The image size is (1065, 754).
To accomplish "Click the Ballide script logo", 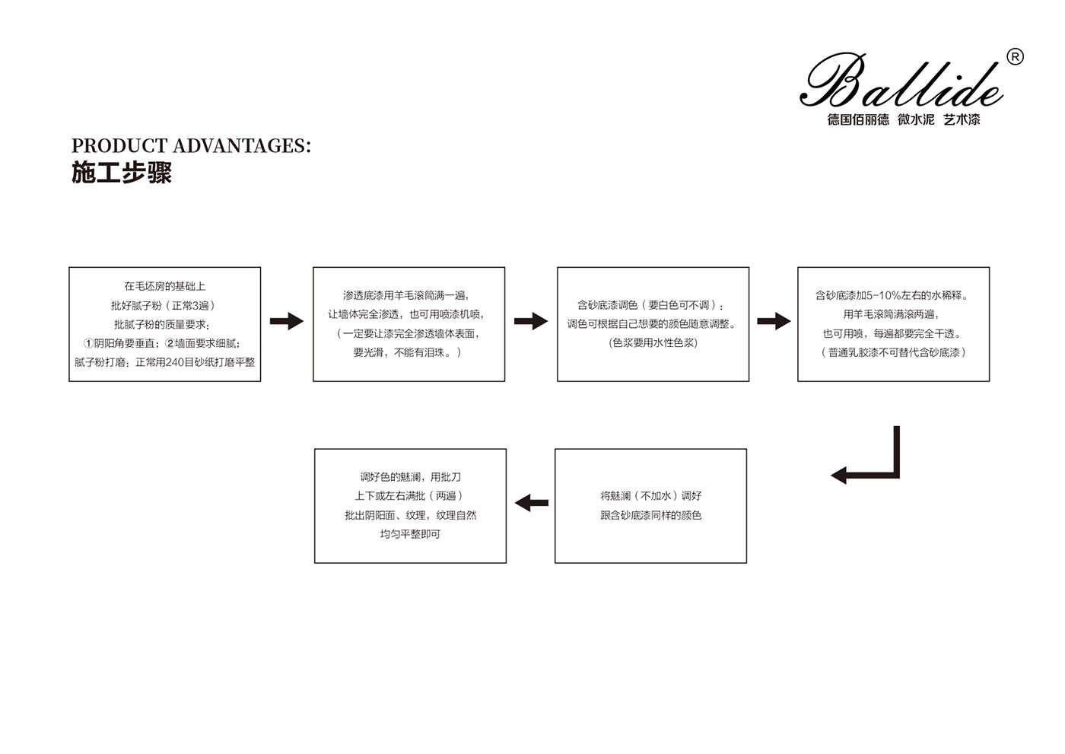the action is click(901, 81).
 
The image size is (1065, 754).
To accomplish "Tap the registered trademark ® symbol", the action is click(1015, 58).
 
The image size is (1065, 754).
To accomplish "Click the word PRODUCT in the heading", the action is click(119, 146).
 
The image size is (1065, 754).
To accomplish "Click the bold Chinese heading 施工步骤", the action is click(122, 173).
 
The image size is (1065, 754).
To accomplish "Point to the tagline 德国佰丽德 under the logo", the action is click(858, 119).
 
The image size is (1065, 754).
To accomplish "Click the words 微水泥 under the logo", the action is click(916, 119).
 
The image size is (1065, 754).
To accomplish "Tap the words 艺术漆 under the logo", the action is click(962, 119).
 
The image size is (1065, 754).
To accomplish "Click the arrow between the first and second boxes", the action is click(287, 321).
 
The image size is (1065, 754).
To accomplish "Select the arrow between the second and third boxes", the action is click(531, 321).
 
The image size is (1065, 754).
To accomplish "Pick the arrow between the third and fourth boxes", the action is click(774, 321).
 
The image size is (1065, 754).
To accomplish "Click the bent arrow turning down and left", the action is click(897, 475).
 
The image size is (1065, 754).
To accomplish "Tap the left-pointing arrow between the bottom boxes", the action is click(532, 503).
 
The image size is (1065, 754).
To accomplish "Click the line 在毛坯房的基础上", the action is click(165, 286).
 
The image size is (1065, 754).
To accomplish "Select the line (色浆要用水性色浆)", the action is click(653, 343).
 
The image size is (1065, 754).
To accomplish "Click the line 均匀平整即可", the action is click(410, 534).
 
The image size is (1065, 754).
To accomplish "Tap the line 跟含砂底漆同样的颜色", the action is click(651, 515).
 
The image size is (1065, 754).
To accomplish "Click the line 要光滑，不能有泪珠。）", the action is click(407, 353).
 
